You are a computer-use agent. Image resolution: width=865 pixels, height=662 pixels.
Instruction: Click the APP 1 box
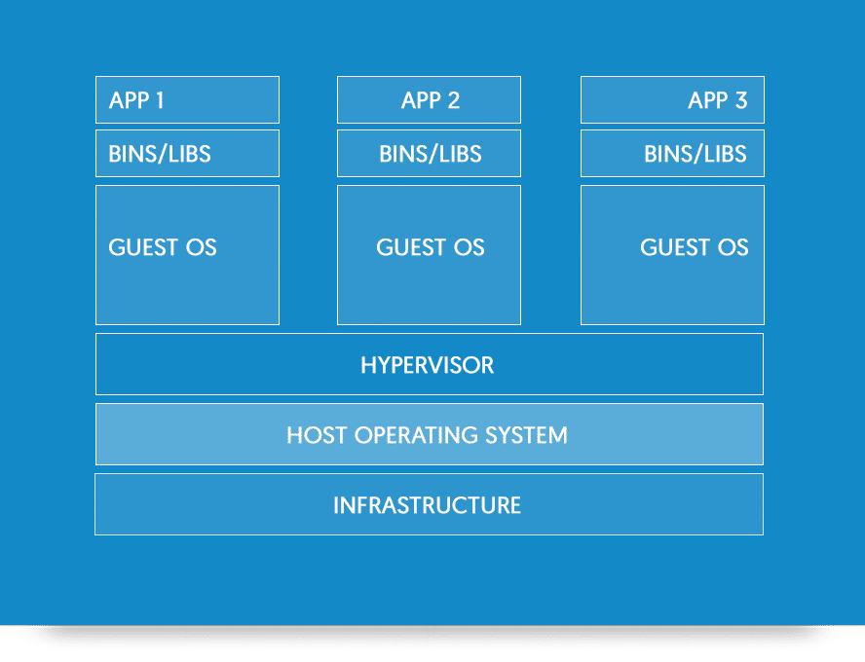188,99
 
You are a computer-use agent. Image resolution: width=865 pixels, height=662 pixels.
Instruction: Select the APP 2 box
430,99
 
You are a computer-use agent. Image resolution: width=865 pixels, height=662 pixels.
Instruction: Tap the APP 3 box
672,99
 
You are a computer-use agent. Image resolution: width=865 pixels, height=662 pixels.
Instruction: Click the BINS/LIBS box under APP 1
188,153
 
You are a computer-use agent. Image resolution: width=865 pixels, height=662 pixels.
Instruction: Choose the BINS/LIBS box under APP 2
430,153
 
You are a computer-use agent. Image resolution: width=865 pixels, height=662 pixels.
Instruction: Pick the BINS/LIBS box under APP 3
672,153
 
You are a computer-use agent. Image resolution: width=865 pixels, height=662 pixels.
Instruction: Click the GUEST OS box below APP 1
188,255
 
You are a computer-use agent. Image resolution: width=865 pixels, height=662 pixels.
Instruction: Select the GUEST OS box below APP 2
430,255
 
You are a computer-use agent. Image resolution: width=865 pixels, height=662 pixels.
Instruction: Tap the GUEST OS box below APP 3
672,255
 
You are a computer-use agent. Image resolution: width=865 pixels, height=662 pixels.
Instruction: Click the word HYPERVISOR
428,365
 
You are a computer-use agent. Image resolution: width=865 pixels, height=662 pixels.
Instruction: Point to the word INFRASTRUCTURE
427,505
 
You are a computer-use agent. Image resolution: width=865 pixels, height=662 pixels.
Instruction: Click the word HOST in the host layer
317,435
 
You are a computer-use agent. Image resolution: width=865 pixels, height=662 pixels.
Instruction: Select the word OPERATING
416,435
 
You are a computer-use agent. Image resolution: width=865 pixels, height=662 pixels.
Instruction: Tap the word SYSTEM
527,435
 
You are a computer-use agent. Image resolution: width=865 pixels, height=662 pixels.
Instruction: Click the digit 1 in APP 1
160,100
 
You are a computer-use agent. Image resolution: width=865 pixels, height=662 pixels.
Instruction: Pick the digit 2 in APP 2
454,100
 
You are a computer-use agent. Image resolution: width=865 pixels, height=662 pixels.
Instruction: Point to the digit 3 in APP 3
741,100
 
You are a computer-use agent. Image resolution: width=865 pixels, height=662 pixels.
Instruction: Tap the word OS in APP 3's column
733,247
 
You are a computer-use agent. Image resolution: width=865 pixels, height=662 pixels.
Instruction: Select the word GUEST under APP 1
143,247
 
